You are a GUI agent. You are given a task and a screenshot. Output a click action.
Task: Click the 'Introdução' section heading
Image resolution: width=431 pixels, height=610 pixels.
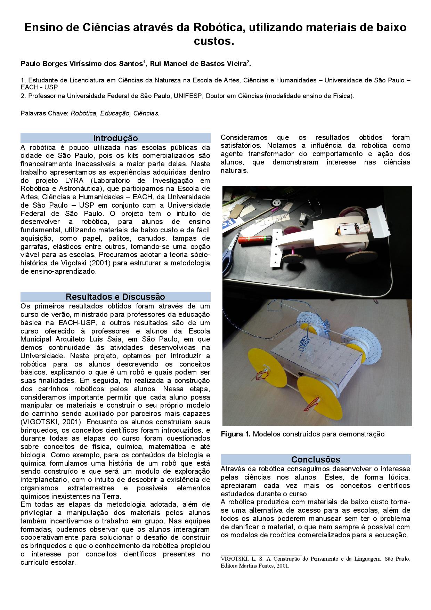click(x=115, y=138)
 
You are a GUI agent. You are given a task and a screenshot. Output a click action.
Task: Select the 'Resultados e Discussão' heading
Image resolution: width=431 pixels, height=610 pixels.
click(x=115, y=297)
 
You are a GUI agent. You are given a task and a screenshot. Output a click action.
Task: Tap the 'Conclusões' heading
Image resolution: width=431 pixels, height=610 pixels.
click(x=316, y=459)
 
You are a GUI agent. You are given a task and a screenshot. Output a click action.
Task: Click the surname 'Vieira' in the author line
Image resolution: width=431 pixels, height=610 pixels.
click(x=235, y=64)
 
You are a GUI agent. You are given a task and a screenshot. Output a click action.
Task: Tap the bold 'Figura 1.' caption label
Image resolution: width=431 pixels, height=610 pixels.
click(x=236, y=434)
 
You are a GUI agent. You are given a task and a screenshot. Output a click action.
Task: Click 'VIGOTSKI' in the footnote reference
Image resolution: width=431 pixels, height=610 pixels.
click(x=234, y=559)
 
